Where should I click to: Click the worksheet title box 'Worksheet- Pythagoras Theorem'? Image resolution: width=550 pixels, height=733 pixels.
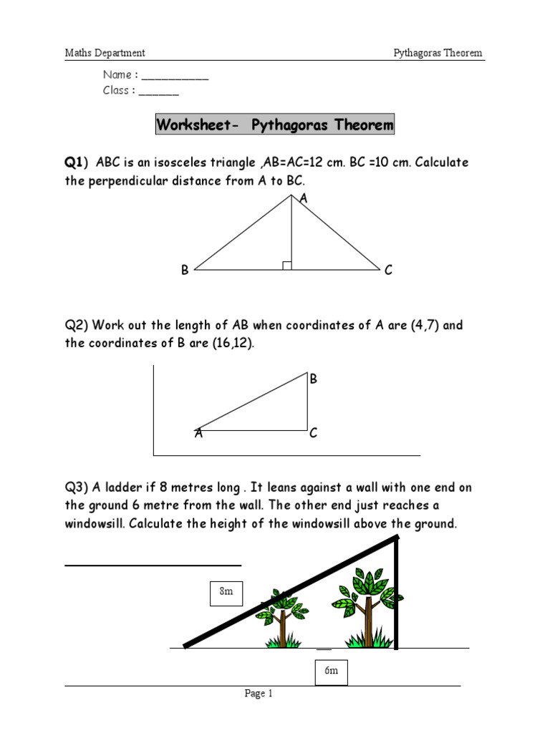coord(275,125)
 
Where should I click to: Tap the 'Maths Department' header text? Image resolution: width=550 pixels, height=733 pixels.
coord(105,53)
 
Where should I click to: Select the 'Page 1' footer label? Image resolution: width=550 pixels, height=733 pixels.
coord(259,693)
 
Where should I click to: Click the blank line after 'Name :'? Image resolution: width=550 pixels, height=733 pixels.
coord(175,76)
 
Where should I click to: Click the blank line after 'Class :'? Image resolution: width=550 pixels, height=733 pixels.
coord(158,92)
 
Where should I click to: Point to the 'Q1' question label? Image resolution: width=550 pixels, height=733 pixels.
coord(74,162)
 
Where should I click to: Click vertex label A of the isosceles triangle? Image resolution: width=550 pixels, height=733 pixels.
coord(303,199)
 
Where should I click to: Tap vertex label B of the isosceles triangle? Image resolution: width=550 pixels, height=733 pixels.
coord(185,271)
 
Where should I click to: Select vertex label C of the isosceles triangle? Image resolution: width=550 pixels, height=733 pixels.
coord(388,271)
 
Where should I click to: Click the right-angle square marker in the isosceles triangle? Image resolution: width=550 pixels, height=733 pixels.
coord(287,266)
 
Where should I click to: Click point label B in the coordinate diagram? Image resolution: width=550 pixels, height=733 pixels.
coord(313,379)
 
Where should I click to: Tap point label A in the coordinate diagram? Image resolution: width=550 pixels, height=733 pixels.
coord(198,433)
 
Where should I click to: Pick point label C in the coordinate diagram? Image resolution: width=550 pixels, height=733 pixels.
coord(313,433)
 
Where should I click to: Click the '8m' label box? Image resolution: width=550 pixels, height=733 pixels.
coord(226,593)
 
